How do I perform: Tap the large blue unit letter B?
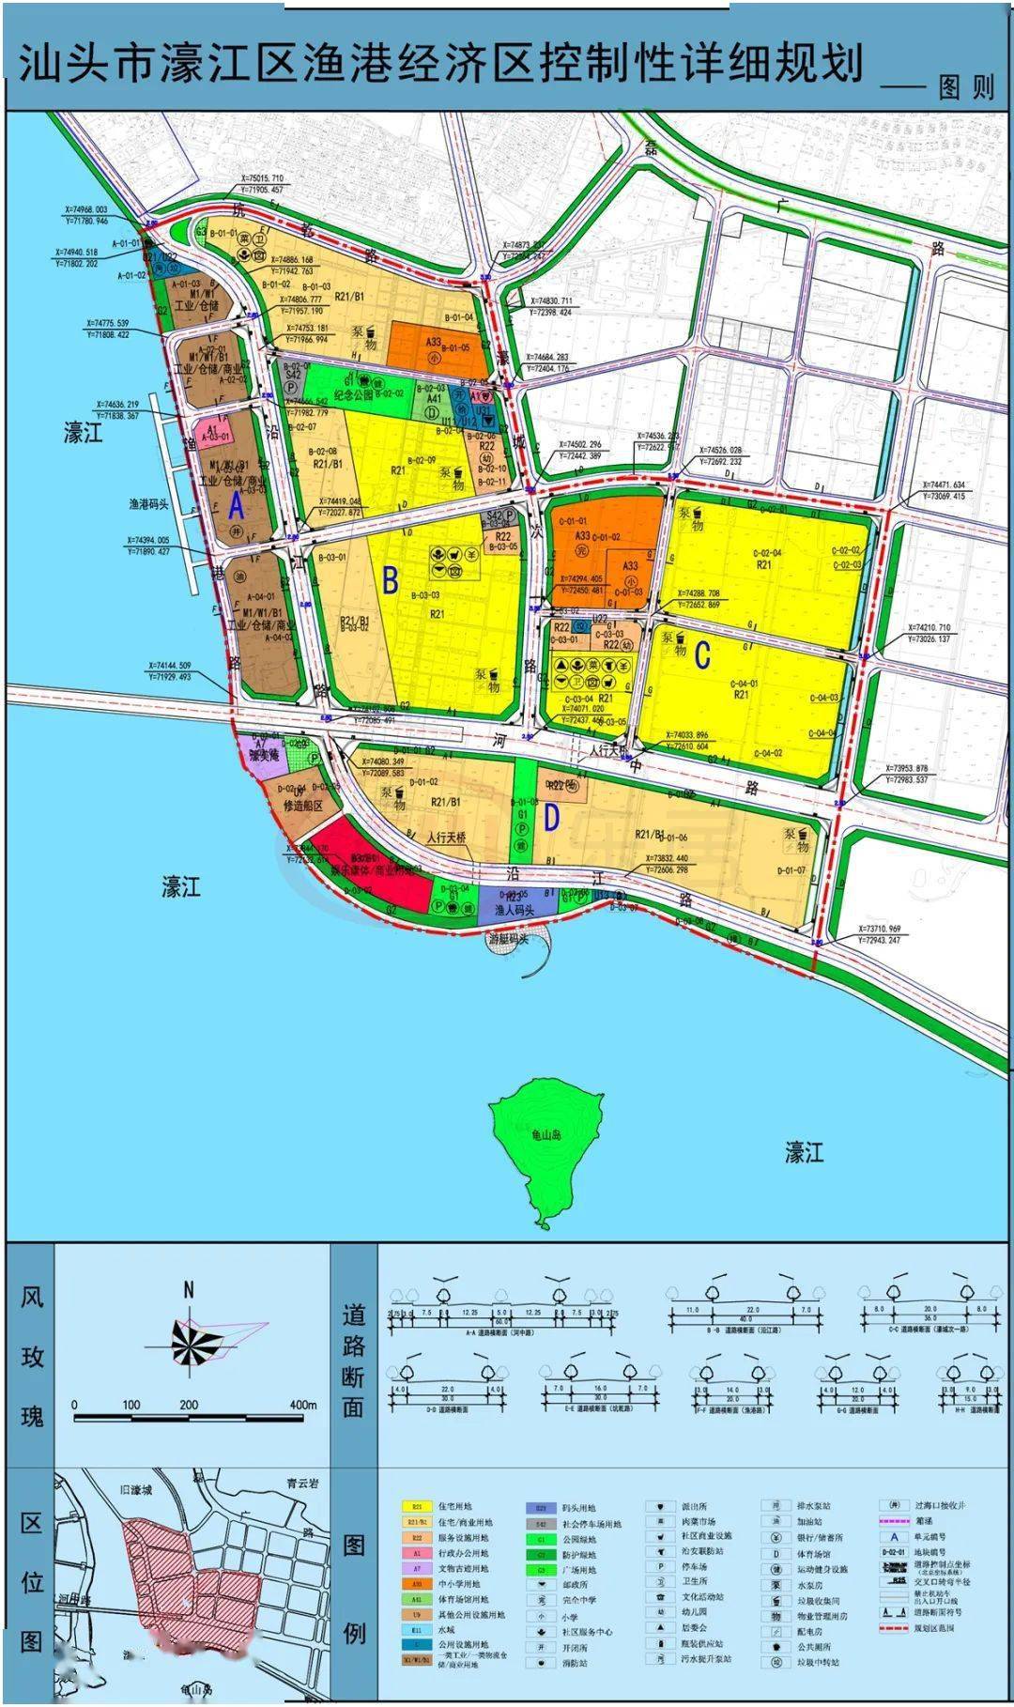click(x=391, y=580)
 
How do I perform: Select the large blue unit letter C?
click(x=702, y=656)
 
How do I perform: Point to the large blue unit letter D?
click(x=551, y=819)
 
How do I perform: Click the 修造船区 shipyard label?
click(x=303, y=806)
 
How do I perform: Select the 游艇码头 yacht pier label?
click(x=509, y=938)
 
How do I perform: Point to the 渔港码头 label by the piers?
click(x=148, y=504)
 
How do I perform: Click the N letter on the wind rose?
click(x=189, y=1290)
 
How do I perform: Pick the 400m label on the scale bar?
click(x=302, y=1405)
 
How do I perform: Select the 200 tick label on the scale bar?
click(x=189, y=1405)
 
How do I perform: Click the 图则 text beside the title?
click(x=966, y=87)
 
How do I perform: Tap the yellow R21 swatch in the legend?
click(x=417, y=1507)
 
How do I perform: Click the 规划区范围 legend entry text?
click(x=934, y=1628)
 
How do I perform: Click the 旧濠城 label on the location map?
click(x=136, y=1490)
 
